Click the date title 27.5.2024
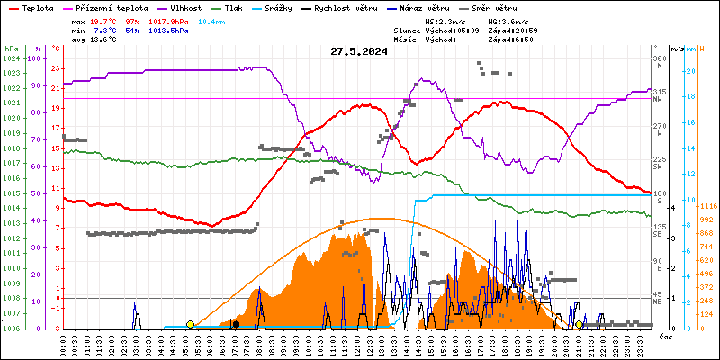tap(359, 51)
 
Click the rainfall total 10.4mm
tap(237, 20)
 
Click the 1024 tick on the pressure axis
tap(11, 58)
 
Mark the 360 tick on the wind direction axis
tap(659, 58)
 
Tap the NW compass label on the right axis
tap(659, 102)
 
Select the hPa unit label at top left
tap(11, 48)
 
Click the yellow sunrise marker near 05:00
tap(190, 324)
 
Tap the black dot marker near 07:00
tap(236, 324)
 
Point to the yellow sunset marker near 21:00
tap(579, 324)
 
